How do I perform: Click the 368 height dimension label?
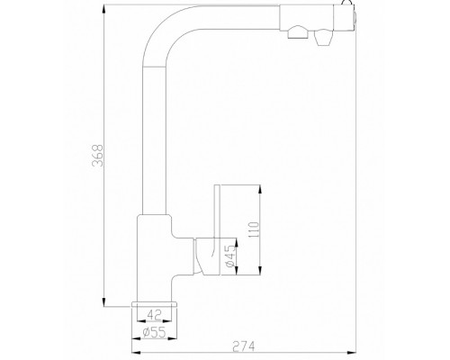tap(98, 156)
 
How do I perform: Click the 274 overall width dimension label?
tap(244, 346)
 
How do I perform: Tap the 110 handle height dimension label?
tap(254, 229)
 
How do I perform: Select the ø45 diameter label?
tap(230, 256)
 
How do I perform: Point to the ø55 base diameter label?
tap(154, 332)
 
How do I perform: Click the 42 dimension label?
tap(155, 315)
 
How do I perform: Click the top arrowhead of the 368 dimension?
tap(103, 10)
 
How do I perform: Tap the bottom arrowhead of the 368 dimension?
tap(103, 301)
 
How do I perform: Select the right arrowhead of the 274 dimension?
tap(351, 352)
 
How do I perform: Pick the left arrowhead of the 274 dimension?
tap(137, 352)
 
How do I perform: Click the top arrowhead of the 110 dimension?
tap(260, 190)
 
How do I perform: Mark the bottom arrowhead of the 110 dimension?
tap(260, 270)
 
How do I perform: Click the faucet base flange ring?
tap(154, 305)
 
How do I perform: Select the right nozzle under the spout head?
tap(323, 38)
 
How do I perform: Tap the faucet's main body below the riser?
tap(155, 258)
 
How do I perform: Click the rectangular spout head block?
tap(317, 17)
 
